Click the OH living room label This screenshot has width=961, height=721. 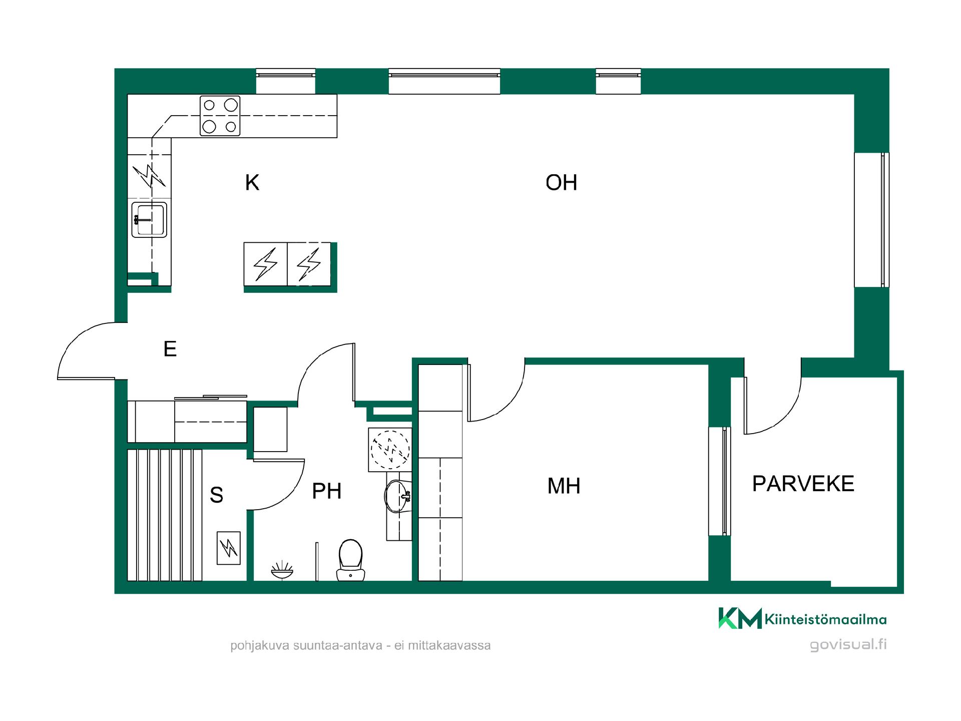[x=561, y=183]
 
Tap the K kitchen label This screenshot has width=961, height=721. [x=252, y=183]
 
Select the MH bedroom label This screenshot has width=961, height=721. [x=564, y=486]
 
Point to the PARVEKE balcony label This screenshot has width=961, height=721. [x=803, y=484]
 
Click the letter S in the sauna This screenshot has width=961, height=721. [x=216, y=495]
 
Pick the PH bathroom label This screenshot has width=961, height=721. [x=326, y=491]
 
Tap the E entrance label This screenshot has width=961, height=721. [x=170, y=348]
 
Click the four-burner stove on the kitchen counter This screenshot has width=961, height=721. [x=220, y=116]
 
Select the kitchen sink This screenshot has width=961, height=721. [x=149, y=219]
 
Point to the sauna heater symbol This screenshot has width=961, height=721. [x=229, y=548]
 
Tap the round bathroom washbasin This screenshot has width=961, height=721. [x=398, y=496]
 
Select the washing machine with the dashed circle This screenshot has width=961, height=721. [x=390, y=449]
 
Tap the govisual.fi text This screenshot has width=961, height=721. [x=848, y=644]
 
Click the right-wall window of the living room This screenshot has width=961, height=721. [x=872, y=220]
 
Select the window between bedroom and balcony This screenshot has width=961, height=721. [x=720, y=481]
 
